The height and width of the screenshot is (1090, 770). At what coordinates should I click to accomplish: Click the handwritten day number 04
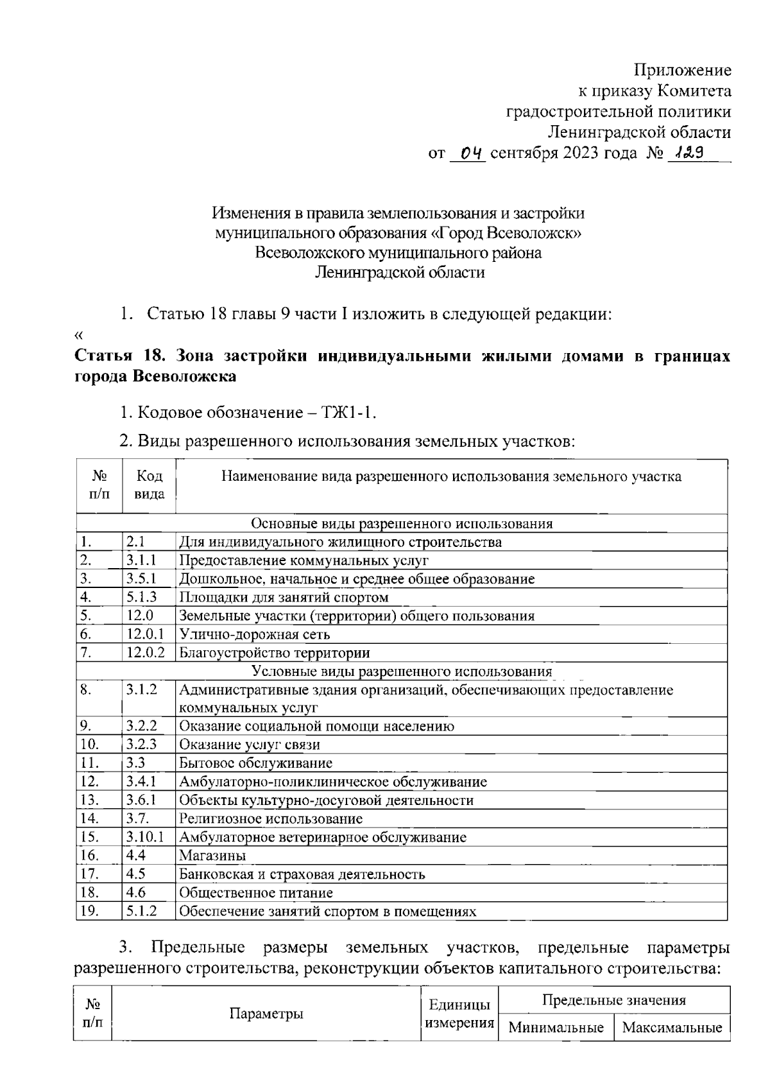coord(470,153)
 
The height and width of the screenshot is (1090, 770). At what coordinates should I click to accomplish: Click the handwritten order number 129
coord(687,153)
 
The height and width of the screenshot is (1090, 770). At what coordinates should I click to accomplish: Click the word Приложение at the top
coord(683,70)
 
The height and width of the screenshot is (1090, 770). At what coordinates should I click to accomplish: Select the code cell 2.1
coord(135,542)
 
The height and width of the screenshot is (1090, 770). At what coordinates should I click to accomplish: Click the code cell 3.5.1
coord(141,579)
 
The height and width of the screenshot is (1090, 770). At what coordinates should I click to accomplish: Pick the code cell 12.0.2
coord(146,653)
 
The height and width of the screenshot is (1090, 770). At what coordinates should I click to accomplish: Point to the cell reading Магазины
coord(212,856)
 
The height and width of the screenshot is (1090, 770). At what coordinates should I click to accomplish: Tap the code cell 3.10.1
coord(146,837)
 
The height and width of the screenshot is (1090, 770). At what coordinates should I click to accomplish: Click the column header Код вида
coord(149,485)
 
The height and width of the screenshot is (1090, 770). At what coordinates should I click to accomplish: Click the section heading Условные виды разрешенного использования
coord(402,671)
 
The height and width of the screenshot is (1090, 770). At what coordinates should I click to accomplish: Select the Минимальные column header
coord(556,1028)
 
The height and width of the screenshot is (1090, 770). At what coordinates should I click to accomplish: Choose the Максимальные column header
coord(672,1028)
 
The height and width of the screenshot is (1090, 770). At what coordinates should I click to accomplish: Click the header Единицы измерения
coord(459,1014)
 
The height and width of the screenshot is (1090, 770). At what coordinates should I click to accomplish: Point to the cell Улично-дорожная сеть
coord(255,634)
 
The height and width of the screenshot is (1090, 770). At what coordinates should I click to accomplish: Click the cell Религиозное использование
coord(271,818)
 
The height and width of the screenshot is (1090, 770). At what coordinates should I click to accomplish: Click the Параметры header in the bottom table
coord(266,1014)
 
